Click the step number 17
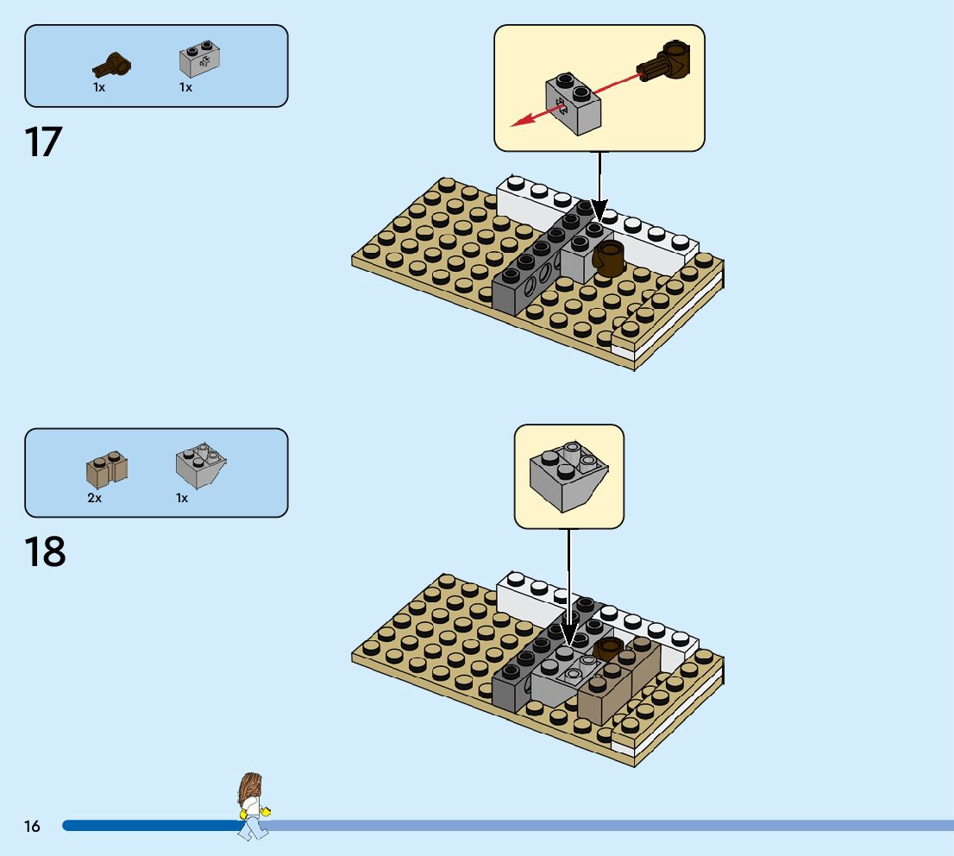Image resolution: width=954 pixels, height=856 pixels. (44, 142)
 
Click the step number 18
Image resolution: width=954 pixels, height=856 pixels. (45, 552)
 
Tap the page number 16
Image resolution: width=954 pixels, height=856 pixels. (32, 827)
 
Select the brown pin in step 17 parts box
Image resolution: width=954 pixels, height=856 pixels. (113, 64)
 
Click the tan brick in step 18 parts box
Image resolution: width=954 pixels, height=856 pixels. (107, 469)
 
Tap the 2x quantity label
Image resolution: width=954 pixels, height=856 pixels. (95, 498)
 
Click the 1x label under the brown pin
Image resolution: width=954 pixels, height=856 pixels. (99, 87)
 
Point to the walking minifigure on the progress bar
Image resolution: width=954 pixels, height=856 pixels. (252, 806)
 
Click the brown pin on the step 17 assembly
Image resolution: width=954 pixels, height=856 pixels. (609, 258)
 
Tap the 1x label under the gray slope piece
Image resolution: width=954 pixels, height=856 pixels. (182, 498)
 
